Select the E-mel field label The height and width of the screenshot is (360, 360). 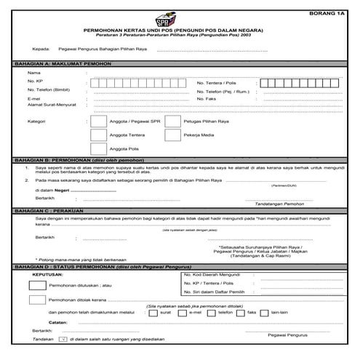coord(33,99)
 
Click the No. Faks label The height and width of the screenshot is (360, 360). coord(207,99)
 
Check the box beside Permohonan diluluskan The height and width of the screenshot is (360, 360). coord(36,286)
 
